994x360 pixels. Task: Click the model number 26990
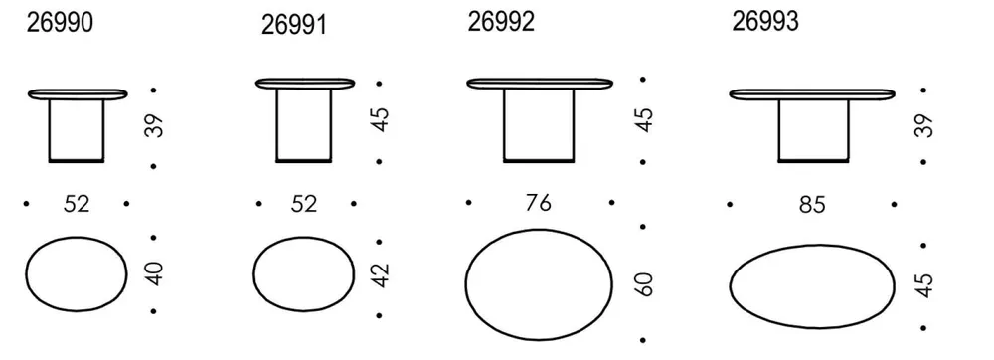click(x=60, y=22)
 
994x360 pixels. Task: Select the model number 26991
click(x=294, y=25)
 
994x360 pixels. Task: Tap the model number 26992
click(x=501, y=22)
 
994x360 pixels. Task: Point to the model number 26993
click(x=765, y=22)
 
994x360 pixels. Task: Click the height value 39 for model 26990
click(x=154, y=126)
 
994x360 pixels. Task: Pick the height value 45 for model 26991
click(x=380, y=120)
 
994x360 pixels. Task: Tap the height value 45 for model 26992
click(x=643, y=119)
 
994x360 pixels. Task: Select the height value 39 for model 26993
click(x=923, y=125)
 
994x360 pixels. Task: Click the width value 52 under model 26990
click(x=77, y=204)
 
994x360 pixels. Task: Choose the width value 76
click(x=538, y=203)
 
